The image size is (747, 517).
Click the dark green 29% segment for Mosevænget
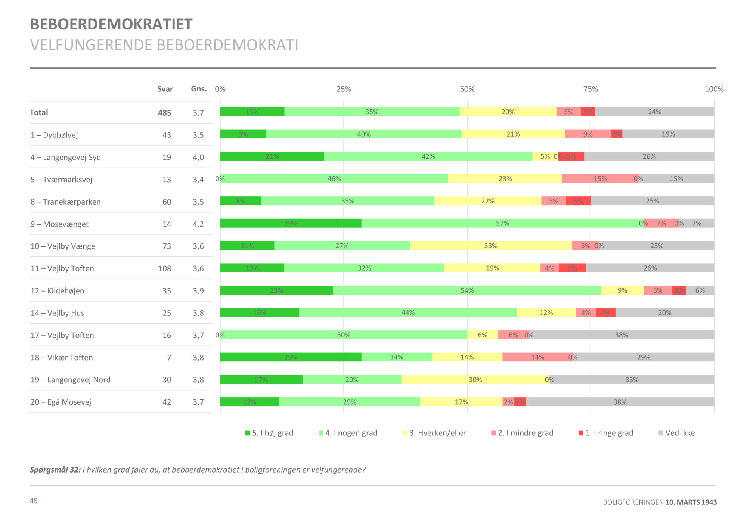291,223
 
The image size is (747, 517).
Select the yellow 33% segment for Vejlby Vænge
491,246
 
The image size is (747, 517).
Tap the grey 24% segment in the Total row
654,112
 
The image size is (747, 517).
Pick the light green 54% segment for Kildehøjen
467,290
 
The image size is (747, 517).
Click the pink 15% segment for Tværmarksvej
600,178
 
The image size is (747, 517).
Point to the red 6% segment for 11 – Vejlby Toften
572,268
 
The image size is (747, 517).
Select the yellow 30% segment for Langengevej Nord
475,379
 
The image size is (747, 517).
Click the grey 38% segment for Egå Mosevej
620,402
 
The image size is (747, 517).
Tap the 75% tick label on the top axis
591,89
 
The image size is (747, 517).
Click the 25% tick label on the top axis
344,89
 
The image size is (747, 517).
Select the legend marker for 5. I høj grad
247,433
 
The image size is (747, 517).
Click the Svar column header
165,89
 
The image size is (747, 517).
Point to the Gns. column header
199,89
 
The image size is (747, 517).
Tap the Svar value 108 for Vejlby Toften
165,268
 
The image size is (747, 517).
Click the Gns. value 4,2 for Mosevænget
198,224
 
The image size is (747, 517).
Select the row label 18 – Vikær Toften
62,358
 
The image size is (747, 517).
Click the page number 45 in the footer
34,501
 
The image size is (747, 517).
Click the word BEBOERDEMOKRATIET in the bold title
111,24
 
